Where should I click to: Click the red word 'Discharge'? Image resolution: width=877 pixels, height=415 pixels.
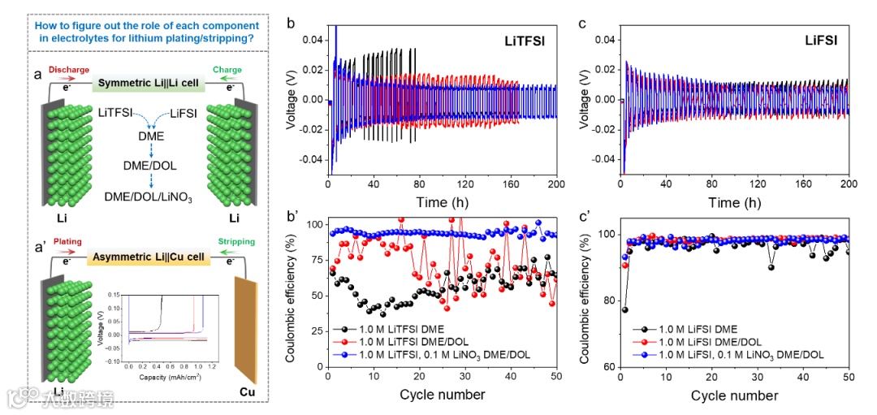coord(69,70)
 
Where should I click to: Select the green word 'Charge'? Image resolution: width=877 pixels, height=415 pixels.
coord(227,70)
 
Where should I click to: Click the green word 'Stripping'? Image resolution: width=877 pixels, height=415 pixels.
coord(235,242)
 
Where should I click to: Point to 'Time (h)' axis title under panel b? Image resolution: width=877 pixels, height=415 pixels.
coord(441,201)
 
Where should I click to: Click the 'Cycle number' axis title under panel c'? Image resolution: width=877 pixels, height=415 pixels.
coord(734,396)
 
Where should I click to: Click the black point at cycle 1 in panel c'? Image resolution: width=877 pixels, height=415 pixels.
coord(624,309)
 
